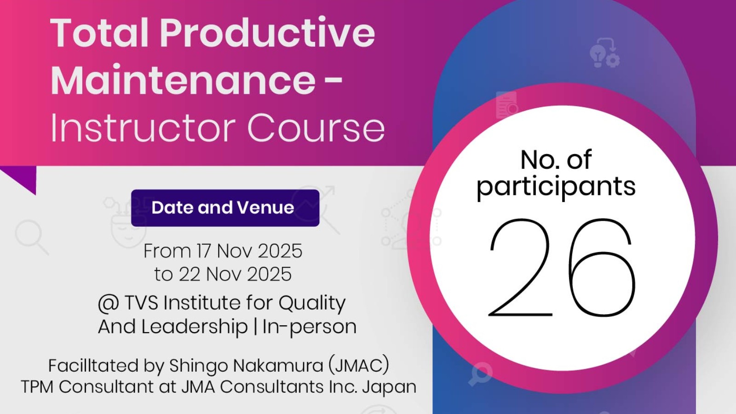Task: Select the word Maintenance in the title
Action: pyautogui.click(x=183, y=80)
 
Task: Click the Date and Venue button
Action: pyautogui.click(x=225, y=208)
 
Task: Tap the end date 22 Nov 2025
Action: pyautogui.click(x=235, y=274)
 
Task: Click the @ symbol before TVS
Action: pyautogui.click(x=109, y=303)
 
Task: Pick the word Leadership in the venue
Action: pyautogui.click(x=195, y=327)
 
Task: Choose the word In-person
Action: pyautogui.click(x=309, y=327)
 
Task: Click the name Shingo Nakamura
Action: pyautogui.click(x=247, y=366)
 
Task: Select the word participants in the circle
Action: pyautogui.click(x=556, y=186)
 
